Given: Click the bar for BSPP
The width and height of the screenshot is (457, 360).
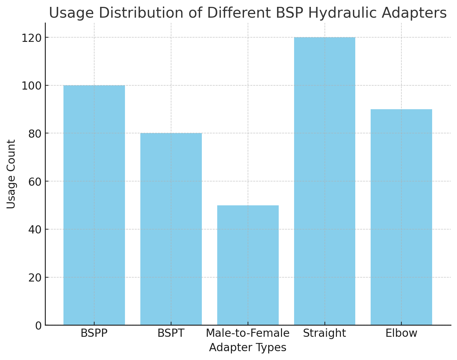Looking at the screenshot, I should (94, 205).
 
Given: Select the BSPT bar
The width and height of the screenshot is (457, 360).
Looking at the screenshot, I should (171, 229).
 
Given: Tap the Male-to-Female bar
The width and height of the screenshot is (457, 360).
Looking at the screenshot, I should (248, 265).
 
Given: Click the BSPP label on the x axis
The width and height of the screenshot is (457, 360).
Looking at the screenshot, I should (94, 333).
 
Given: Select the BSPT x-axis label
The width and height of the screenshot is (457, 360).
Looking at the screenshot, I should (171, 333).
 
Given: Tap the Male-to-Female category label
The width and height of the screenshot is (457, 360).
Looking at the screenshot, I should (248, 333).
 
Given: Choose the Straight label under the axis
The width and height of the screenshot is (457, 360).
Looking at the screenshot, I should (325, 333).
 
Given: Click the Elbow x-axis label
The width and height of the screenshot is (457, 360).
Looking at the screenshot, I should (401, 333).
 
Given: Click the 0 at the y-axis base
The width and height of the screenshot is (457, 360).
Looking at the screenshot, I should (39, 325).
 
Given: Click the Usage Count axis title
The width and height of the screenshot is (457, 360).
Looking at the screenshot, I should (11, 174).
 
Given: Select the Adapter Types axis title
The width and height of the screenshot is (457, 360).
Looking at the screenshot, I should (248, 348).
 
